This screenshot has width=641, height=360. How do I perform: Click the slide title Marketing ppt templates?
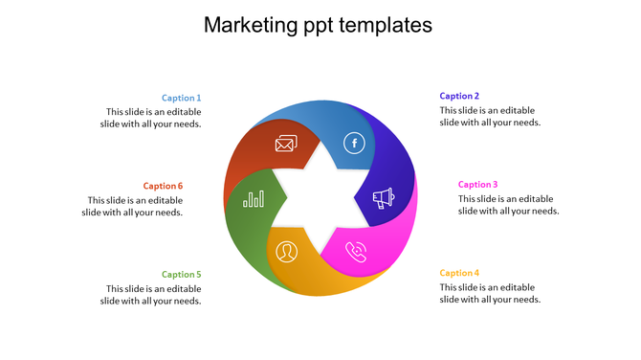pyautogui.click(x=319, y=25)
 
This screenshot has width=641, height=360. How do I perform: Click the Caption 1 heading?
pyautogui.click(x=181, y=98)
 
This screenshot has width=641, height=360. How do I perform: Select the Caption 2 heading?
pyautogui.click(x=459, y=96)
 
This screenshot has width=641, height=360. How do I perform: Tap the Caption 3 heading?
pyautogui.click(x=477, y=185)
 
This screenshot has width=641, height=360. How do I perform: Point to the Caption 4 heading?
pyautogui.click(x=459, y=273)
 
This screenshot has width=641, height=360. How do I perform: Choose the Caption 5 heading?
pyautogui.click(x=181, y=275)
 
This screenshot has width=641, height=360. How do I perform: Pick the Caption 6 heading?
pyautogui.click(x=163, y=186)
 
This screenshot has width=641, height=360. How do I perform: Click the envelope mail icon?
pyautogui.click(x=285, y=145)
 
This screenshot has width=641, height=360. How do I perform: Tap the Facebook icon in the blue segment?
pyautogui.click(x=354, y=144)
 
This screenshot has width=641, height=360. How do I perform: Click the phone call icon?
pyautogui.click(x=356, y=252)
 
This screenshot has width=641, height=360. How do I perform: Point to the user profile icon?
pyautogui.click(x=286, y=252)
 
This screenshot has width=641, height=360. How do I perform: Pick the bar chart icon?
pyautogui.click(x=254, y=198)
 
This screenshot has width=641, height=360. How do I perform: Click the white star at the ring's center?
pyautogui.click(x=320, y=197)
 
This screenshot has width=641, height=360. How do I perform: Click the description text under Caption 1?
pyautogui.click(x=153, y=117)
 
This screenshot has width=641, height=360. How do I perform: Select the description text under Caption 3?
pyautogui.click(x=508, y=205)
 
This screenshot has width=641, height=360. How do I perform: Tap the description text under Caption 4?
pyautogui.click(x=490, y=293)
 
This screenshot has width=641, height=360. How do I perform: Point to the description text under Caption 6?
pyautogui.click(x=135, y=206)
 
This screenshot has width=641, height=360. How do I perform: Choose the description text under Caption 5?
pyautogui.click(x=153, y=294)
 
